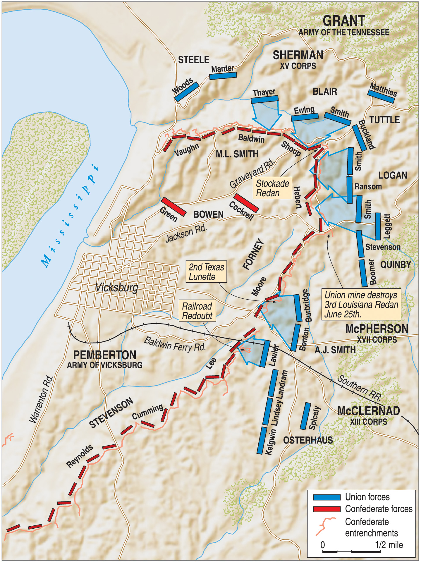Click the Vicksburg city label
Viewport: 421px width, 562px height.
coord(117,288)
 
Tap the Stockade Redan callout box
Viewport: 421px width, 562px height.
coord(272,188)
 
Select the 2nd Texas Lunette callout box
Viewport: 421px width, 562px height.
coord(206,271)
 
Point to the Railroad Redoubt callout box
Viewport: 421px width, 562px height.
coord(197,311)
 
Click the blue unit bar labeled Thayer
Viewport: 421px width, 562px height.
coord(264,99)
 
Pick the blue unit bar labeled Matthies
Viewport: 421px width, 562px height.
coord(381,97)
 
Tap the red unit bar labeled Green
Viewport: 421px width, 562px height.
coord(173,207)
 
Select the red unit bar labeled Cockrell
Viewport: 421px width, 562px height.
coord(246,203)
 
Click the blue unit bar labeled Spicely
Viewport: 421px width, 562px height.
coord(306,416)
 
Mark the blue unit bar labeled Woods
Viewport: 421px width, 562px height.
coord(187,92)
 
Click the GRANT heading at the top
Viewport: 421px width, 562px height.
coord(344,21)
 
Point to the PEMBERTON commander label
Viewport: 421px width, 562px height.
coord(104,355)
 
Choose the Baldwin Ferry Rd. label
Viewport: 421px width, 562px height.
coord(175,344)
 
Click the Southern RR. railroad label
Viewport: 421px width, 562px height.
coord(359,388)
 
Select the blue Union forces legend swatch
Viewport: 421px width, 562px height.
coord(327,497)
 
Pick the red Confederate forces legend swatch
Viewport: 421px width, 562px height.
coord(327,509)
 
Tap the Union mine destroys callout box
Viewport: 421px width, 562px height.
coord(361,305)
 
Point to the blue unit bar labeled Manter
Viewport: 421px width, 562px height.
coord(223,75)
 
